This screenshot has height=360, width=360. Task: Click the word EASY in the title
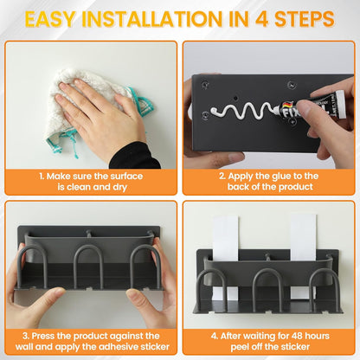50,19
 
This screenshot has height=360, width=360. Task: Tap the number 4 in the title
262,19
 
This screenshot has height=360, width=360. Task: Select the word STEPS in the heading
305,19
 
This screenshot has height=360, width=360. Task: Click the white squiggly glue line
241,111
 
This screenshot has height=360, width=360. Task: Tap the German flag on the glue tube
288,105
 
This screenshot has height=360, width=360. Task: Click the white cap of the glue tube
341,105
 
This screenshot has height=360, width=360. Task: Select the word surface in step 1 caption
127,177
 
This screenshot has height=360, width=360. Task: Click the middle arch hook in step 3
88,248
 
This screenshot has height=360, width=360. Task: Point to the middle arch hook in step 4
267,273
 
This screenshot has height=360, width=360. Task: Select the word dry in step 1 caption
120,188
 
